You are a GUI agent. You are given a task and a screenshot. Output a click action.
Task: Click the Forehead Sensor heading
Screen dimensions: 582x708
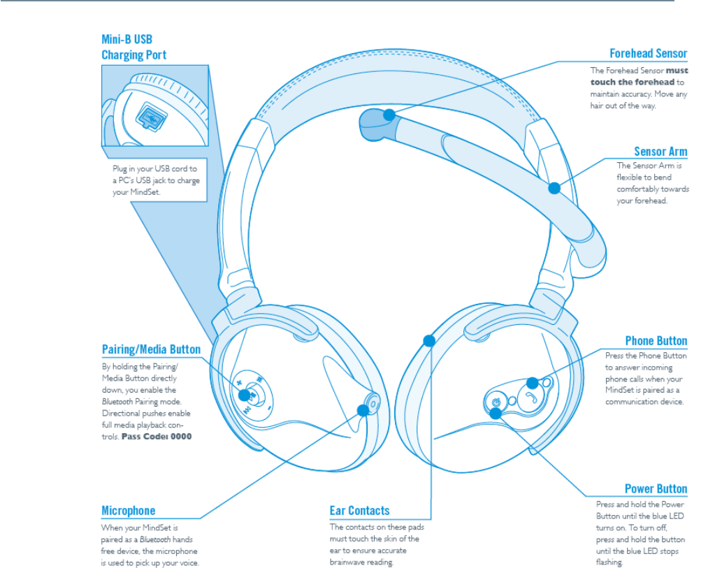click(x=648, y=54)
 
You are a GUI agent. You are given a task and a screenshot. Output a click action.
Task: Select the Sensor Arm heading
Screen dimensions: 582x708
click(x=660, y=152)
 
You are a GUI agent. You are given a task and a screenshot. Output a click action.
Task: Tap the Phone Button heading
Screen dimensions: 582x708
click(x=656, y=341)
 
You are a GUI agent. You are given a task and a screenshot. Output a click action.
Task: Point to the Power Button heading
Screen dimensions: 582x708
click(x=656, y=489)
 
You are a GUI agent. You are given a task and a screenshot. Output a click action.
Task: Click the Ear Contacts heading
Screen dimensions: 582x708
click(x=359, y=511)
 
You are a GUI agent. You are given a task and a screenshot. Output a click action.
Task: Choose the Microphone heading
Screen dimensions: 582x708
click(x=129, y=511)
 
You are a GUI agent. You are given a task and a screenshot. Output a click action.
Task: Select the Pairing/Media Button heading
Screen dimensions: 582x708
click(x=151, y=349)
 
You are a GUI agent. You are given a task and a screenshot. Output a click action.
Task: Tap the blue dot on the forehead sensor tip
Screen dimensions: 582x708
click(x=389, y=115)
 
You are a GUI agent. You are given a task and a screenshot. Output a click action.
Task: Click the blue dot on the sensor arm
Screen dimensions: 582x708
click(x=554, y=187)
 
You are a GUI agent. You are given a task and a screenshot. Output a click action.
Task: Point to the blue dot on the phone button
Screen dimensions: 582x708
click(x=532, y=383)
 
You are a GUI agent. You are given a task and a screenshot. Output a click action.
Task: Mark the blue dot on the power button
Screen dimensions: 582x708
click(x=496, y=413)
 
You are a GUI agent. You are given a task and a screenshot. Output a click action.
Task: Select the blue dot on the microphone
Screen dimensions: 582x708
click(x=363, y=409)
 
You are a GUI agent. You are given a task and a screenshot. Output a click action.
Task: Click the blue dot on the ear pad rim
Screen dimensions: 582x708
click(x=429, y=341)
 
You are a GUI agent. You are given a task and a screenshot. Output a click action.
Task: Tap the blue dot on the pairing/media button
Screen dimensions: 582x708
click(x=245, y=395)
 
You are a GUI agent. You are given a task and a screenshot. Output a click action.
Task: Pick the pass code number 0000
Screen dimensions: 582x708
click(x=180, y=437)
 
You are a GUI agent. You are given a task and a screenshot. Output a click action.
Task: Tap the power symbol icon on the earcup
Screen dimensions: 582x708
click(x=495, y=402)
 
